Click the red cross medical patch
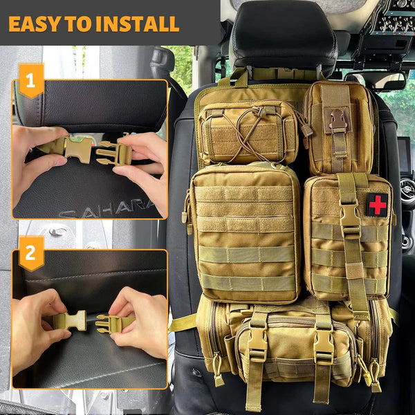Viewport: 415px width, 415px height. tap(377, 204)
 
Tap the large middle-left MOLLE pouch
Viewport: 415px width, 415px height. tap(246, 232)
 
